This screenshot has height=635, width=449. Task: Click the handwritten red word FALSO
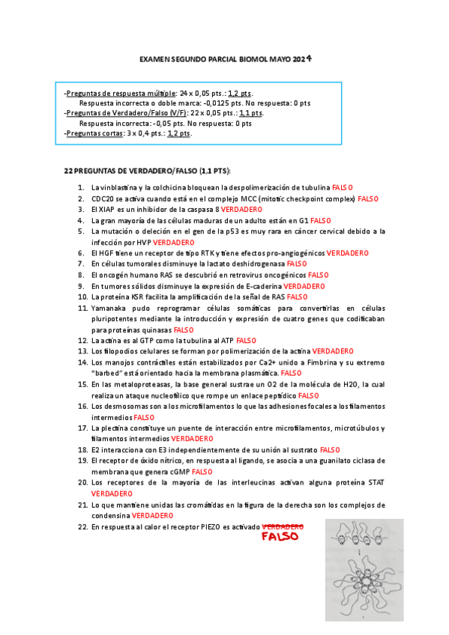280,536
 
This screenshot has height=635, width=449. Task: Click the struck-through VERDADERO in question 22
283,526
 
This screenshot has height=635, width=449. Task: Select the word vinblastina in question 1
117,187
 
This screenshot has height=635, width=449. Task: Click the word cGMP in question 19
178,472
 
